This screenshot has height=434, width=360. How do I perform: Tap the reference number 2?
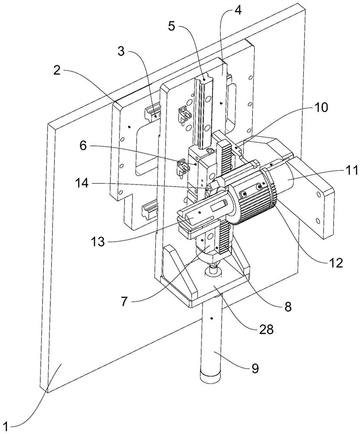click(57, 70)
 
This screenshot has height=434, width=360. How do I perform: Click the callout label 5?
click(172, 26)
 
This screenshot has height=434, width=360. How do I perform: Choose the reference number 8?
click(288, 306)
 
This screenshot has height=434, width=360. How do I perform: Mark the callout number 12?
click(335, 263)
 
